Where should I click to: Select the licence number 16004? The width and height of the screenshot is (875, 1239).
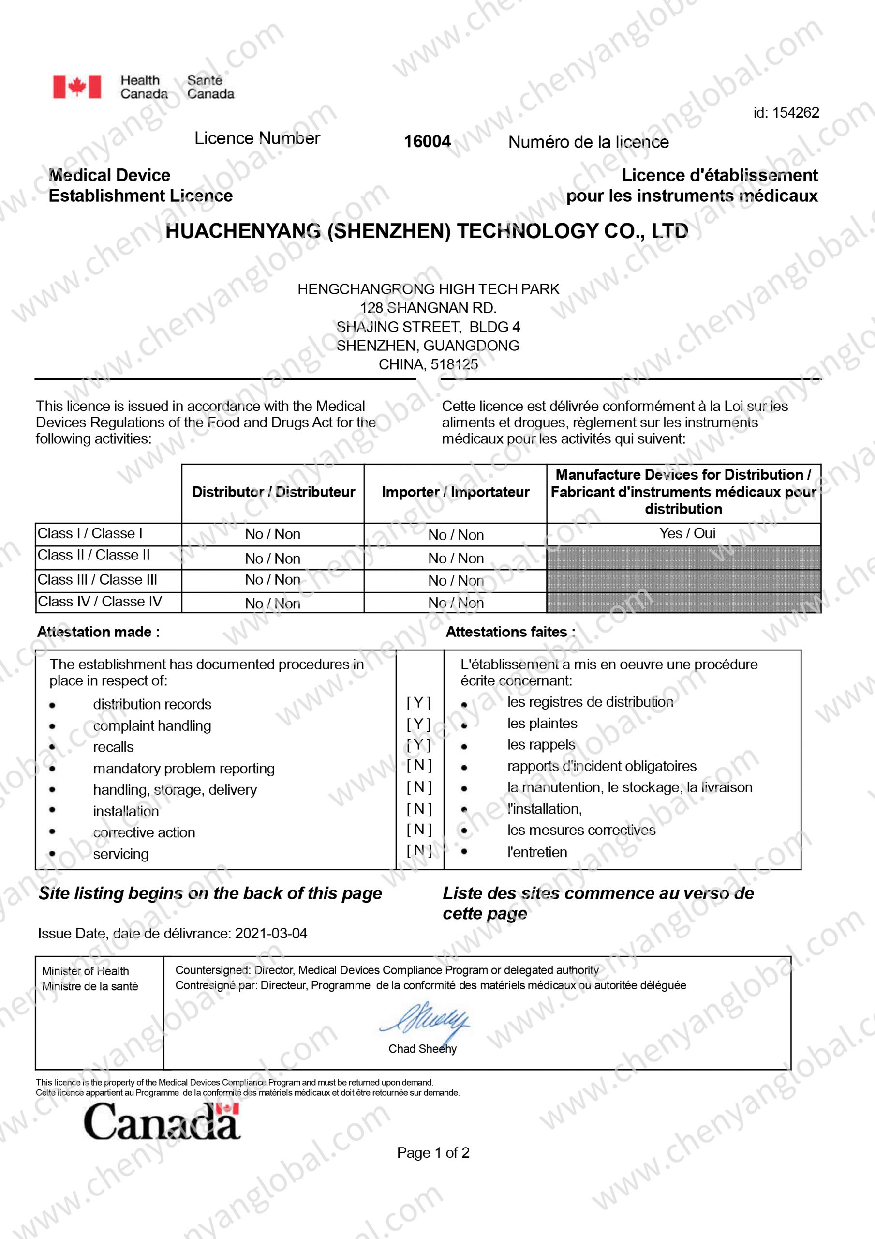427,141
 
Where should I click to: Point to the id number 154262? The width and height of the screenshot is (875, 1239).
796,112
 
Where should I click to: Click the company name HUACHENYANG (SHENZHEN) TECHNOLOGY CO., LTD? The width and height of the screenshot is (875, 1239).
426,231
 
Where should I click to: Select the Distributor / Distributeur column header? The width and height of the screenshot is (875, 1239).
273,492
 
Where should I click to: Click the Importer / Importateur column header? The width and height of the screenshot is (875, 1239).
455,492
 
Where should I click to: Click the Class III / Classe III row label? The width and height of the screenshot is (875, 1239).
97,579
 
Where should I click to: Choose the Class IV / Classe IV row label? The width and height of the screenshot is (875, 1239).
99,601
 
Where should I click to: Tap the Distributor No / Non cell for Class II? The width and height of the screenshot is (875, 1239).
272,559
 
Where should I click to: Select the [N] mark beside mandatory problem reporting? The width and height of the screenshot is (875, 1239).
419,765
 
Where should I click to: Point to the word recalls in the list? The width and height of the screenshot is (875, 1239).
113,747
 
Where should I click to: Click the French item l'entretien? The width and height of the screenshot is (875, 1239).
537,852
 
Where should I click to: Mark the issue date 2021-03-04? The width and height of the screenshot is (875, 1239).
271,933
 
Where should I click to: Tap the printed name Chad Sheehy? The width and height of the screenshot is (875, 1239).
422,1048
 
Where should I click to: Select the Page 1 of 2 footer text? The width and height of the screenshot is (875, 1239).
433,1153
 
